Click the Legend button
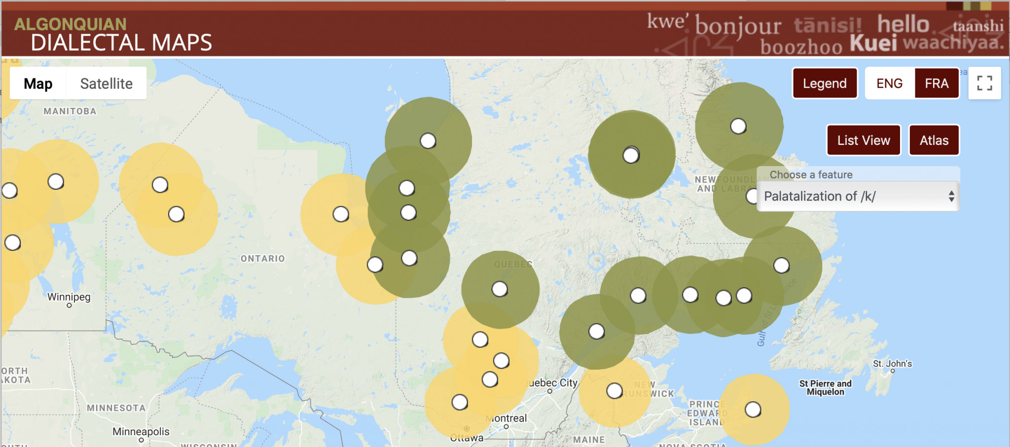pos(825,83)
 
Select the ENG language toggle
pos(889,83)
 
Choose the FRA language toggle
pos(937,83)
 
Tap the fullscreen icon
pos(984,83)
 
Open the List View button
pos(864,140)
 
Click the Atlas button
pos(934,140)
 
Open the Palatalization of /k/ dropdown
pos(858,196)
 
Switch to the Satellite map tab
pos(106,84)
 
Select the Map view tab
pos(38,84)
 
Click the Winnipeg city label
pos(69,297)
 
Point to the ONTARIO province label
pos(262,259)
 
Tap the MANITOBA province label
pos(70,111)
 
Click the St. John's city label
pos(892,364)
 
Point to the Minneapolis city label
pos(141,432)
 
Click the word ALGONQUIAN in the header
pos(70,24)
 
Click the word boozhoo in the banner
pos(801,47)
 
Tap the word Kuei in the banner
pos(873,43)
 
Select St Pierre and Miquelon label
pos(825,387)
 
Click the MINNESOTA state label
pos(116,408)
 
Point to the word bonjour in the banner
pos(738,26)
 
